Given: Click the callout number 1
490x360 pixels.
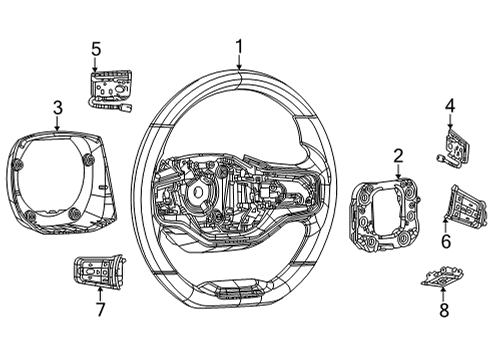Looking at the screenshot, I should [x=239, y=45].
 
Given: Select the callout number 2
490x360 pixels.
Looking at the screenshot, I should [x=398, y=155].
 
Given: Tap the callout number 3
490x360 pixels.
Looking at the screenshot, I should [x=58, y=107].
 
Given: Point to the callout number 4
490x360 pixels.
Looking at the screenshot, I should [x=449, y=105].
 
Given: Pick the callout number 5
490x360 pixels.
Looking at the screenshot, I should [x=96, y=48].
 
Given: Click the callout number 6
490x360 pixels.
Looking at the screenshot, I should [x=446, y=241].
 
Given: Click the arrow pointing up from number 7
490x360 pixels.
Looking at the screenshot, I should [x=99, y=292].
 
